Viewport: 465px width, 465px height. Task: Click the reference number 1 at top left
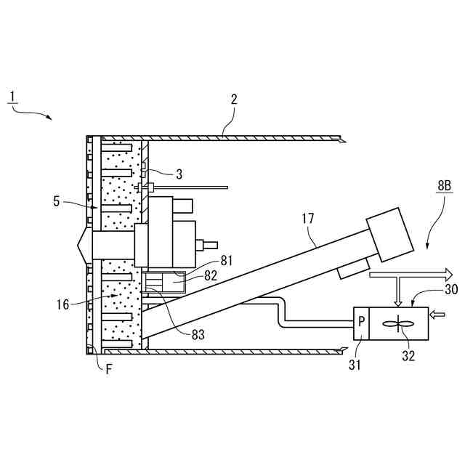(12, 97)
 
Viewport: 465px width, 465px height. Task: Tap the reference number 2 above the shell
(234, 100)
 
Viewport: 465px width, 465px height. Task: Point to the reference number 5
(56, 201)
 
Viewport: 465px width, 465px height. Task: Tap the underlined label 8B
(445, 186)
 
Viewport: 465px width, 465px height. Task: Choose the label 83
(198, 335)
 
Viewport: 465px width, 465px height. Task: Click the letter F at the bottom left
(108, 368)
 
